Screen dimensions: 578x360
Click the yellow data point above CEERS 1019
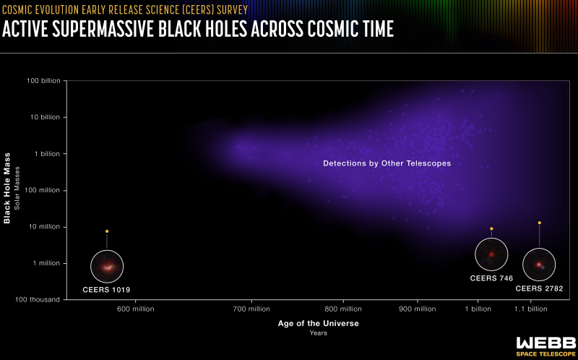click(x=107, y=231)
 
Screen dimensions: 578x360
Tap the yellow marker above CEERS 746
click(x=491, y=228)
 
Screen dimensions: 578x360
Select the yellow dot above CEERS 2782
click(x=539, y=223)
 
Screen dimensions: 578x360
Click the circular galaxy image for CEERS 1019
click(x=107, y=266)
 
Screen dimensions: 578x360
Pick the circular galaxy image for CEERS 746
click(x=491, y=254)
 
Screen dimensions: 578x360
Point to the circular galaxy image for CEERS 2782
click(x=539, y=265)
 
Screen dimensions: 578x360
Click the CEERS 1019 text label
click(x=106, y=290)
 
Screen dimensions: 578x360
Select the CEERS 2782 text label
click(x=539, y=289)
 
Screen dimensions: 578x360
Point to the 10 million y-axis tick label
click(x=44, y=227)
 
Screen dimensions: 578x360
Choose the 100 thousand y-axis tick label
click(x=38, y=299)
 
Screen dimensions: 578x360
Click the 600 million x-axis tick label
click(x=136, y=309)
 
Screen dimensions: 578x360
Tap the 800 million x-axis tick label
click(x=343, y=309)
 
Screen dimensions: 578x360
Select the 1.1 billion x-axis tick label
click(x=531, y=309)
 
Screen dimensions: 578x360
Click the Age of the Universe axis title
click(x=318, y=323)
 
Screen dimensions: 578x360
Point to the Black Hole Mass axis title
click(x=7, y=188)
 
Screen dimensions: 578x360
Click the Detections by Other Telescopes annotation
click(x=387, y=163)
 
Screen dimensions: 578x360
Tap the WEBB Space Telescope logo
click(x=546, y=347)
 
